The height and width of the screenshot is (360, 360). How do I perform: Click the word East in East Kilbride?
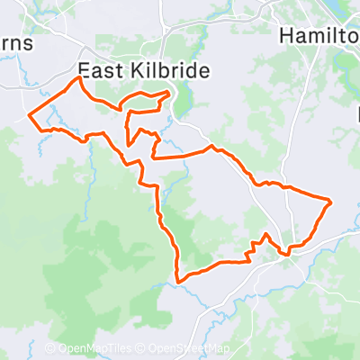point(97,70)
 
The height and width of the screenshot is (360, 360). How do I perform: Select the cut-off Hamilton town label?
point(319,36)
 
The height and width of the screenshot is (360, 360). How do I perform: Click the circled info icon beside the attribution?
point(49,349)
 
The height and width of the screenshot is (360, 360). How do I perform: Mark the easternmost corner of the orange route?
point(332,202)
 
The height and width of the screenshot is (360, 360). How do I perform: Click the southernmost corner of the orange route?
point(179,282)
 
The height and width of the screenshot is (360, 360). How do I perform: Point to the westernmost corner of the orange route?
point(30,116)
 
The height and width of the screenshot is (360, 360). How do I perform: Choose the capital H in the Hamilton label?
point(287,36)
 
